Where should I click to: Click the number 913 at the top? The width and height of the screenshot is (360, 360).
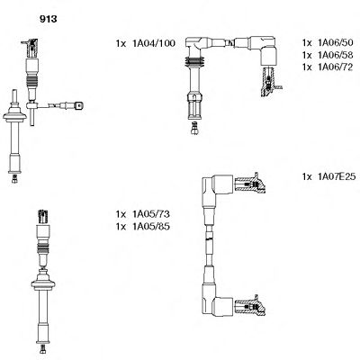(x=39, y=14)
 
